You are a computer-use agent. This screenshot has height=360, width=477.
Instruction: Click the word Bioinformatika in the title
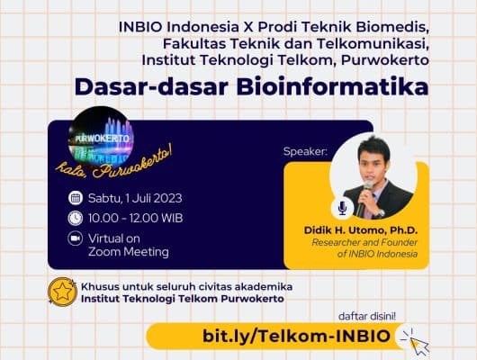point(332,87)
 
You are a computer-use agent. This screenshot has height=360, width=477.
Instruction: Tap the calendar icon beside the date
point(76,198)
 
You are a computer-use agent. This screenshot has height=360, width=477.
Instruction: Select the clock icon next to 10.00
point(75,218)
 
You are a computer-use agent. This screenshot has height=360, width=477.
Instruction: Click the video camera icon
point(75,238)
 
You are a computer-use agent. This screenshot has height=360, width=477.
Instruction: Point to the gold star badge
point(63,292)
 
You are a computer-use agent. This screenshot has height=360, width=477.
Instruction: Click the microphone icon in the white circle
point(343,208)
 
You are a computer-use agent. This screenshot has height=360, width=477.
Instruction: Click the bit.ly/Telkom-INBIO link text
point(297,337)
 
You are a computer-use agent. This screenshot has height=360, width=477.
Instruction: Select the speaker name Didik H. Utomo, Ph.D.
point(361,230)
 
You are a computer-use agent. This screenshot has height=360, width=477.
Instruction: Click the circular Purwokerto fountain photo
point(101,137)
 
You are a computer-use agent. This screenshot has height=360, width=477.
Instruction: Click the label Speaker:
point(305,151)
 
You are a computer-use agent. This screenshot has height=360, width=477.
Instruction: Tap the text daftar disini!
point(367,317)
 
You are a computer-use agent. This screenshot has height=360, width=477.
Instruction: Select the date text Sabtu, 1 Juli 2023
point(135,198)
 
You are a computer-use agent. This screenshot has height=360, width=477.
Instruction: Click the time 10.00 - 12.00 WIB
point(135,218)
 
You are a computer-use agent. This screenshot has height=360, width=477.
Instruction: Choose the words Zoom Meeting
point(129,252)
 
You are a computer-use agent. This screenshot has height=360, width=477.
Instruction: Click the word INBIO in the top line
point(140,27)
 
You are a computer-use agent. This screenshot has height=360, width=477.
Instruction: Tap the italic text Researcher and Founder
point(364,242)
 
